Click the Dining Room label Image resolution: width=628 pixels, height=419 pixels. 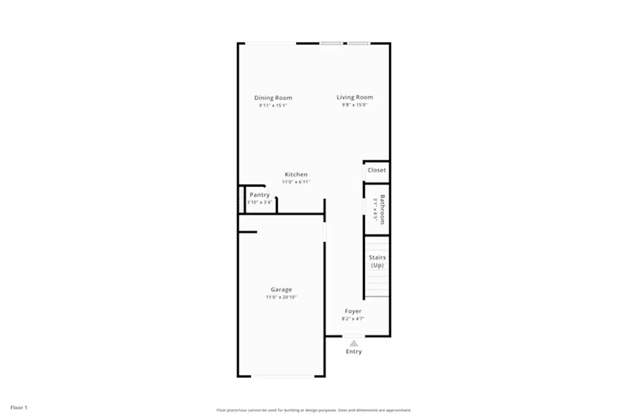click(273, 98)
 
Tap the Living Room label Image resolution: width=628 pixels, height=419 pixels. click(354, 97)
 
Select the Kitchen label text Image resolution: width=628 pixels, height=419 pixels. click(296, 174)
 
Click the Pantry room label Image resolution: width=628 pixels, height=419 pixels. click(260, 195)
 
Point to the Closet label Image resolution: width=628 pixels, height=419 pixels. click(377, 170)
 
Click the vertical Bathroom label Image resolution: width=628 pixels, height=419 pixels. click(382, 209)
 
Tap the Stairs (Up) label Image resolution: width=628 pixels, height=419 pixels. click(377, 261)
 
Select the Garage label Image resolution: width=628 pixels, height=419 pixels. click(281, 289)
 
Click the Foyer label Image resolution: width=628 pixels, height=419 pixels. click(353, 311)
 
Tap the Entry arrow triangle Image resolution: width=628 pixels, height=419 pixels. click(354, 343)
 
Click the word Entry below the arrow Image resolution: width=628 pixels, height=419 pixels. click(354, 351)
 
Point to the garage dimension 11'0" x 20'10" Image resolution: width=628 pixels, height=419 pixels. click(281, 297)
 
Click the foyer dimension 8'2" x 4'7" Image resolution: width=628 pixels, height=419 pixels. click(353, 319)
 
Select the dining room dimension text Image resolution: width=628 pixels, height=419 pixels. click(273, 105)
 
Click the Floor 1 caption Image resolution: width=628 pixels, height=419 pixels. click(19, 407)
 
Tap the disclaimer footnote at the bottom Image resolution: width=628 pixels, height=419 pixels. click(313, 410)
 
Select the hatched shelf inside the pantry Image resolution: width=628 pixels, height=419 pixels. click(241, 200)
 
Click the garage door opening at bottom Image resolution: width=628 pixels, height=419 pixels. click(282, 376)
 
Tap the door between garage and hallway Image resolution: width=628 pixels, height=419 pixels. click(325, 232)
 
